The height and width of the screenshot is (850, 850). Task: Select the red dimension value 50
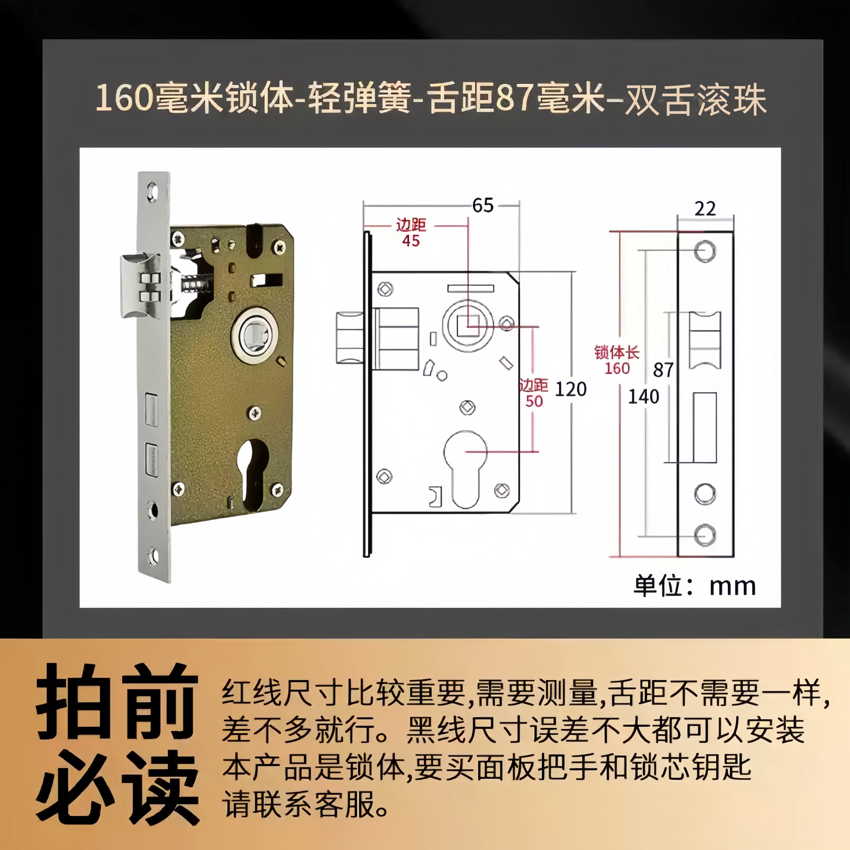(x=534, y=401)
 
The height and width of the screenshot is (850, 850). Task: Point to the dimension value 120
(x=571, y=389)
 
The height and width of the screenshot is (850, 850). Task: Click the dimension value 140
(x=643, y=397)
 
